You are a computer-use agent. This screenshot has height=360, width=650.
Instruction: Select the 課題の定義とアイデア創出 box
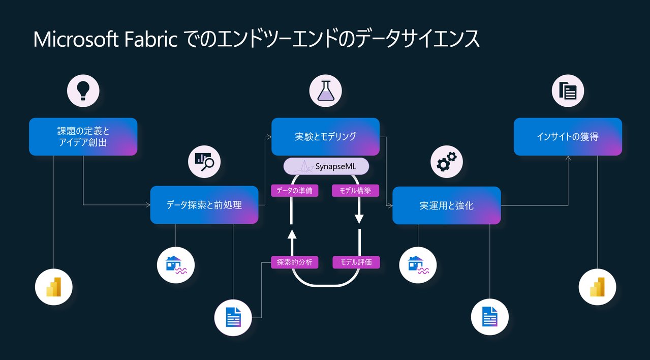click(x=83, y=137)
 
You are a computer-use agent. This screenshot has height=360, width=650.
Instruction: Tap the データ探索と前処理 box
click(x=204, y=205)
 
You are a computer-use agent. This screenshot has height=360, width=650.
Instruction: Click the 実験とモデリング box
click(x=325, y=136)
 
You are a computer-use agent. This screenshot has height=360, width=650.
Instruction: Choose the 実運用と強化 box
click(x=446, y=205)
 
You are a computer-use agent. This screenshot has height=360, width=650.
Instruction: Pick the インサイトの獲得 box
click(x=568, y=136)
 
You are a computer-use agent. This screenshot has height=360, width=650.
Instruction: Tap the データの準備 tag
click(x=295, y=191)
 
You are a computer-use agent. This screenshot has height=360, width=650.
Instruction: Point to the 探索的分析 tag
click(x=295, y=262)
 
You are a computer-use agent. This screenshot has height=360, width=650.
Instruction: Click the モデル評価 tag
click(x=356, y=262)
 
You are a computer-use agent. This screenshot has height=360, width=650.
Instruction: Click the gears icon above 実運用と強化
click(x=446, y=160)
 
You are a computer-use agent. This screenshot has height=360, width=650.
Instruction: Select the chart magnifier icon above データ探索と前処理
click(x=204, y=160)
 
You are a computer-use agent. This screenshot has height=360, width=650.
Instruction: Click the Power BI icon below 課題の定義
click(x=53, y=288)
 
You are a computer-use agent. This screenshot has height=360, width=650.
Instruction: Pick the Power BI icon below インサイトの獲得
click(x=598, y=288)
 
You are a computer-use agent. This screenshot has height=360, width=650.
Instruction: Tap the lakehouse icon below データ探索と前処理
click(x=176, y=265)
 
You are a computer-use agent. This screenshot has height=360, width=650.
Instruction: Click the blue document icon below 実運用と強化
click(x=490, y=317)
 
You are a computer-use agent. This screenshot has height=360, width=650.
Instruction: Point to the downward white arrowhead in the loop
click(x=359, y=219)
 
